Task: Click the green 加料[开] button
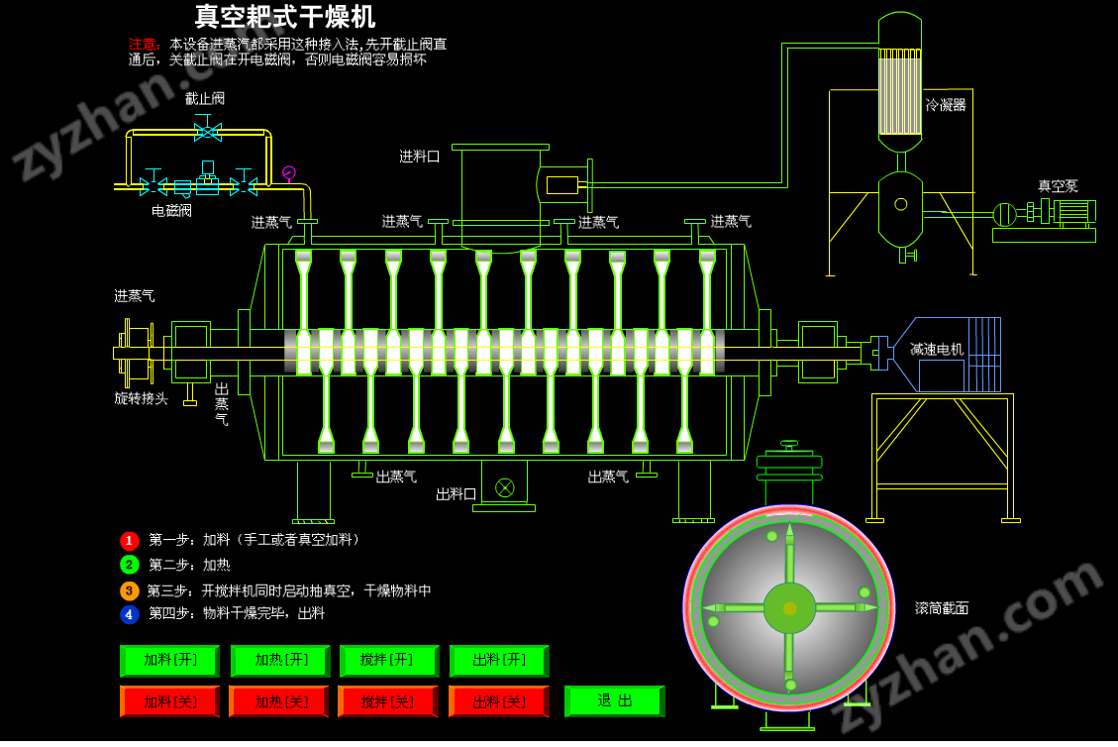(x=169, y=661)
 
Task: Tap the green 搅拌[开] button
(x=388, y=661)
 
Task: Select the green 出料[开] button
(x=498, y=661)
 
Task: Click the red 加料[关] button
(x=169, y=701)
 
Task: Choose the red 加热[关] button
(x=278, y=701)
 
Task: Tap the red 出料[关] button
(x=498, y=701)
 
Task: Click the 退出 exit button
(x=614, y=700)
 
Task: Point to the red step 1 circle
(x=130, y=541)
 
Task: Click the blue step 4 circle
(x=130, y=614)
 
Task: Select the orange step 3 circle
(x=130, y=590)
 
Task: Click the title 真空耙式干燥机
(x=285, y=17)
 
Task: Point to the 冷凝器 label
(x=946, y=104)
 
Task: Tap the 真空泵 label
(x=1058, y=185)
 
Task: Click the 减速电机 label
(x=936, y=349)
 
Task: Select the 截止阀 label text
(x=205, y=98)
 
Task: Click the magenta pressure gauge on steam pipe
(x=288, y=173)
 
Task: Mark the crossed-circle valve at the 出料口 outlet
(x=505, y=486)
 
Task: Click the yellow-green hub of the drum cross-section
(x=789, y=608)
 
